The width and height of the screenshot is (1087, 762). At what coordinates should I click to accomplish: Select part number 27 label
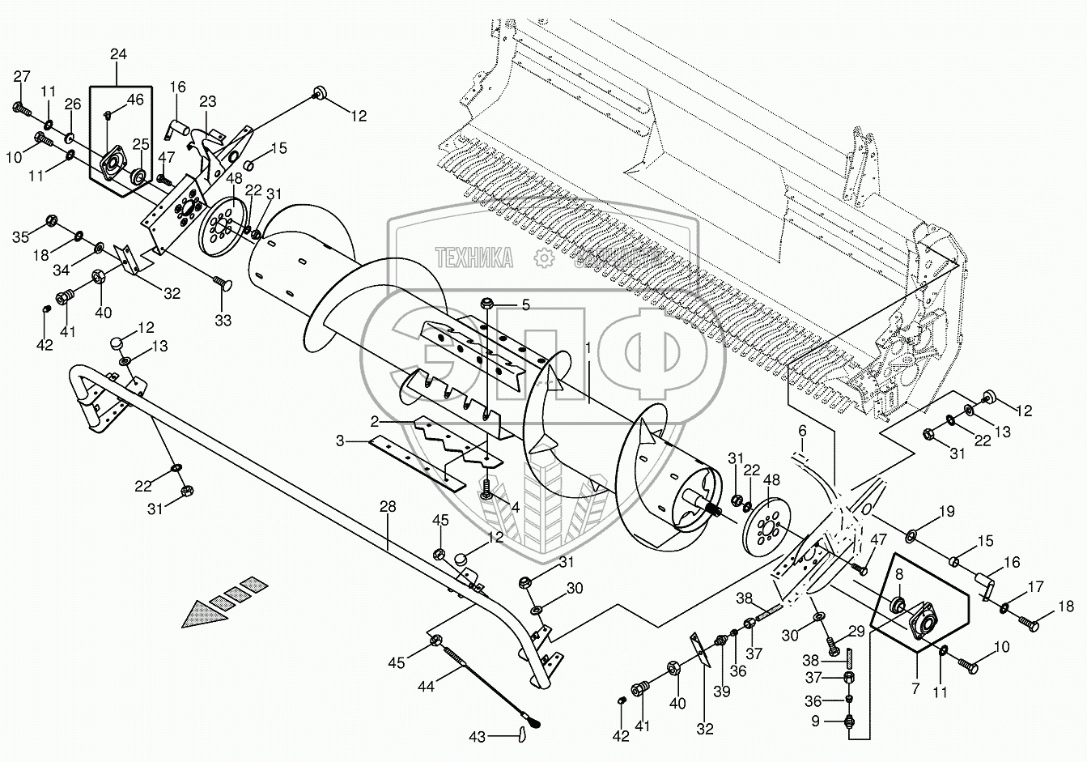(22, 77)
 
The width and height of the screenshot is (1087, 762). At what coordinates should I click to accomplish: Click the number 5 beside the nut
(524, 305)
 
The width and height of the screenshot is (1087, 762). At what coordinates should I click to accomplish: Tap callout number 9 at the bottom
(816, 719)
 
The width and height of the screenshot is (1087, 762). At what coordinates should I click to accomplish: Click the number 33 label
(223, 321)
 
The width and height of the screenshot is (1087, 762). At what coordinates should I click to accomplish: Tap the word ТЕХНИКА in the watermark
(474, 258)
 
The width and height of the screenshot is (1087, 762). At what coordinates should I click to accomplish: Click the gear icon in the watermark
(543, 258)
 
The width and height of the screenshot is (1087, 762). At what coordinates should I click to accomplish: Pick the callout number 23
(208, 101)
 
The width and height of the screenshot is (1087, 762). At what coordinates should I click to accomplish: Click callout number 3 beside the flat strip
(341, 441)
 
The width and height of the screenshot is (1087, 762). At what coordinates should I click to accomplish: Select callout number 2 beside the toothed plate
(375, 422)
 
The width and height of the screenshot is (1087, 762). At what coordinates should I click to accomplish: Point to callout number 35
(20, 237)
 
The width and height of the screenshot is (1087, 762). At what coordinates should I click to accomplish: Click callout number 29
(857, 631)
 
